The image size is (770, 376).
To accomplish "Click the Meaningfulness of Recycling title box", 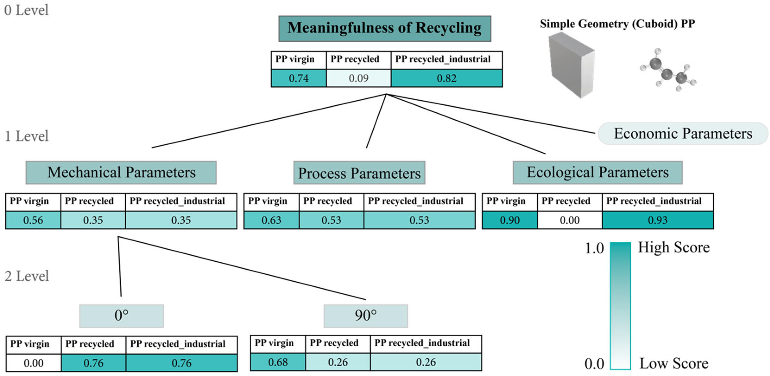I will (x=385, y=28).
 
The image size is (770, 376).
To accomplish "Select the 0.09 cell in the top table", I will (x=358, y=78).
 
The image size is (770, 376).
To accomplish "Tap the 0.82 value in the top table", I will (x=447, y=78).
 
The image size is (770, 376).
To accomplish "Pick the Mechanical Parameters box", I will (x=121, y=172).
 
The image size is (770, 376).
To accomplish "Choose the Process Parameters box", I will (x=359, y=173).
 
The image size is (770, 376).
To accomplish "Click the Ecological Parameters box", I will (x=597, y=172).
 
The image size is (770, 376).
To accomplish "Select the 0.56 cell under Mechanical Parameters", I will (x=33, y=220).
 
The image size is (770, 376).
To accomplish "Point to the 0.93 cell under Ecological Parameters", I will (x=658, y=220).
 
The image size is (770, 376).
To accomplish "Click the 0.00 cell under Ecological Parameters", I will (x=569, y=220).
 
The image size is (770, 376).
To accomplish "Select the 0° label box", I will (x=121, y=316).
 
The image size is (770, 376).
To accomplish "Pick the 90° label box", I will (x=366, y=316).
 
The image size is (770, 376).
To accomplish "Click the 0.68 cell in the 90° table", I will (x=278, y=362).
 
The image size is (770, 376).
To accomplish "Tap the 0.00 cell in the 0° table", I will (x=33, y=363).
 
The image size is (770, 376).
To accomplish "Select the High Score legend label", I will (x=674, y=248).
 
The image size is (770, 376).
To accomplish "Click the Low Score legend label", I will (x=674, y=364).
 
